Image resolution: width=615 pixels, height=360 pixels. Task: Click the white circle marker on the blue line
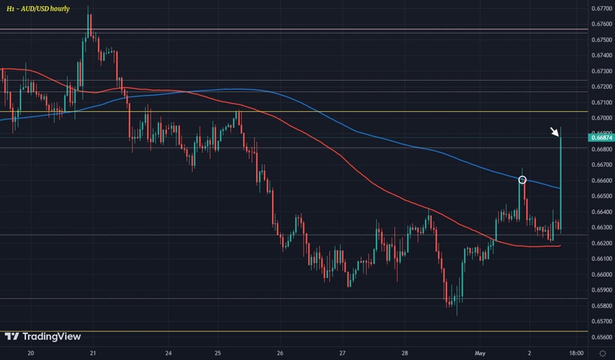[523, 180]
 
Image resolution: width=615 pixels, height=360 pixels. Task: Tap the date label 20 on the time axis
[31, 353]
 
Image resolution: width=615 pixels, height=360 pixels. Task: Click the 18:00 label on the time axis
[575, 353]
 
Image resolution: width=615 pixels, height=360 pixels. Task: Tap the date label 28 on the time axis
[405, 353]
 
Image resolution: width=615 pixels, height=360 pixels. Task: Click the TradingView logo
[42, 336]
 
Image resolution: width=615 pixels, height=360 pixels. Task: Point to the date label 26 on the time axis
[280, 353]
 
